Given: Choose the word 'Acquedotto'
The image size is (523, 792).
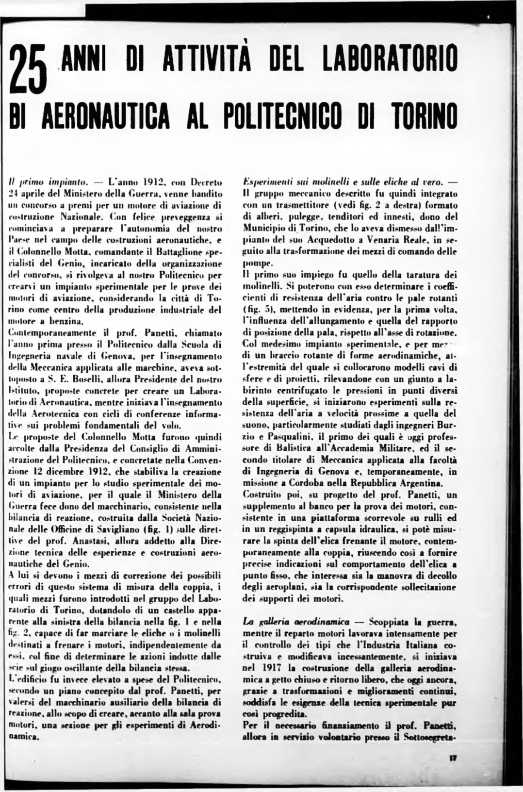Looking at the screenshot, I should [323, 240].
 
